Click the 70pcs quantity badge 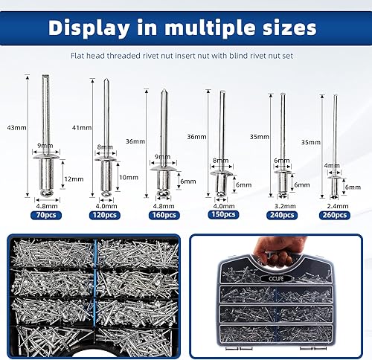point(46,215)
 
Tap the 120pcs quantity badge point(105,215)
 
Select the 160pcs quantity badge point(164,215)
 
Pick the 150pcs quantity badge point(223,214)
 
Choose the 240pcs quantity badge point(282,215)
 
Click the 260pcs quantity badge point(335,215)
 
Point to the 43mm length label point(16,128)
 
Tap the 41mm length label point(82,128)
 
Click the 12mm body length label point(74,179)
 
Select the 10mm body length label point(129,178)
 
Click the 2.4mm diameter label point(338,206)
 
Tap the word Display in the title point(89,28)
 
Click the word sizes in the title point(289,28)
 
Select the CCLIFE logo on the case point(276,278)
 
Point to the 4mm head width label point(332,165)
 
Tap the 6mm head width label point(282,161)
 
